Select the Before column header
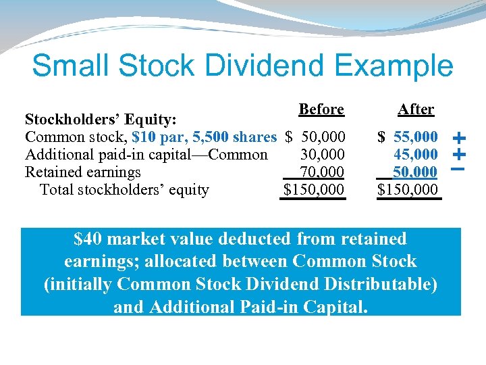(x=321, y=109)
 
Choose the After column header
(x=416, y=109)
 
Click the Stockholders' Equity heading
(x=101, y=120)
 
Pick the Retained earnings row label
(x=83, y=172)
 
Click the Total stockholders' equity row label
(x=124, y=190)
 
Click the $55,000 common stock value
(x=408, y=137)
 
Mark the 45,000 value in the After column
(x=416, y=155)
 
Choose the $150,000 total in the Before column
(x=314, y=190)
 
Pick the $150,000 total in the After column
(x=408, y=190)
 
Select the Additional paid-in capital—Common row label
(x=146, y=155)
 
